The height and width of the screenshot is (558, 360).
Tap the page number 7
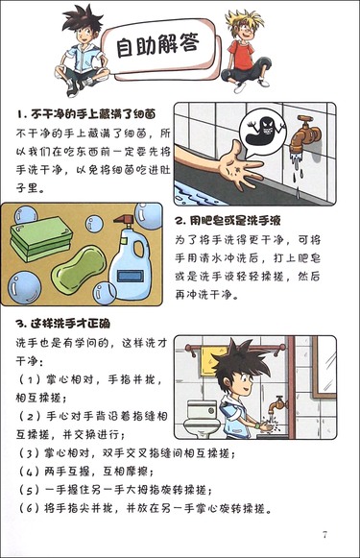[324, 534]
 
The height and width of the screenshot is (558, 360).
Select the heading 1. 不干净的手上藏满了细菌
[86, 114]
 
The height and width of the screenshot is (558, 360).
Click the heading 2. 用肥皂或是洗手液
[228, 221]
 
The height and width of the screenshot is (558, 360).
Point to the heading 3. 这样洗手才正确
[63, 323]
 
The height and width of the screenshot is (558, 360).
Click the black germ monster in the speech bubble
[265, 131]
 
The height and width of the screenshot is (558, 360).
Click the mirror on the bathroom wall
[324, 367]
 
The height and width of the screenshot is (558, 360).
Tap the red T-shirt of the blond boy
[242, 54]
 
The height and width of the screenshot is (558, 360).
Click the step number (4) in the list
[29, 472]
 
